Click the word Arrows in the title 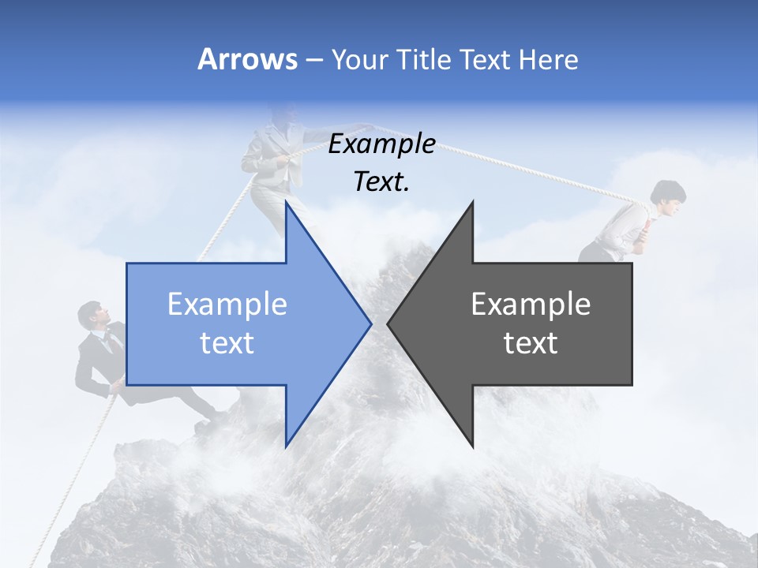[x=247, y=59]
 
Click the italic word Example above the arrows [x=381, y=144]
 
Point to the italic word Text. [x=381, y=182]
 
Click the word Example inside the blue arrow [x=227, y=304]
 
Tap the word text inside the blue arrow [x=227, y=343]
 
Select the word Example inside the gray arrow [x=531, y=304]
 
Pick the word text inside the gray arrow [x=531, y=343]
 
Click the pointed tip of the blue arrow [x=370, y=323]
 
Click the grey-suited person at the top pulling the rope [x=272, y=158]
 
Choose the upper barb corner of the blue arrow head [x=286, y=203]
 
